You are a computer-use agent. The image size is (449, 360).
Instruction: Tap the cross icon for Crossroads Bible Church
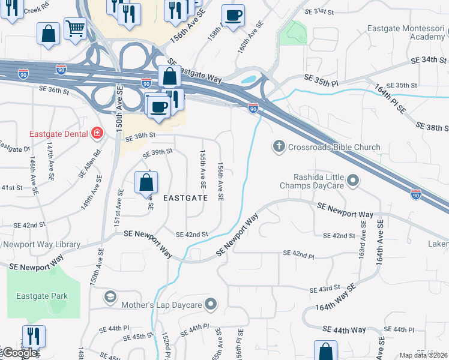tap(278, 146)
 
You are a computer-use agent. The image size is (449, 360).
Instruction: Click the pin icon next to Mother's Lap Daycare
tap(210, 305)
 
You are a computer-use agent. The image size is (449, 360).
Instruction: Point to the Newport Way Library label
tap(41, 244)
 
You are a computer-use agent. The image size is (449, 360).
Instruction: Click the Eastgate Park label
tap(42, 296)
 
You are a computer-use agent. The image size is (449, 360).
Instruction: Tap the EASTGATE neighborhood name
tap(185, 197)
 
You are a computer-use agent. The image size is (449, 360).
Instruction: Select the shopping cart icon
tap(75, 28)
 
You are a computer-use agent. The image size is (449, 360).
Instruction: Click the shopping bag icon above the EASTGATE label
tap(146, 182)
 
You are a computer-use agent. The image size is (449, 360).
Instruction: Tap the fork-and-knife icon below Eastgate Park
tap(34, 336)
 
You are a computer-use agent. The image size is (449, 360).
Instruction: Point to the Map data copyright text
tap(424, 355)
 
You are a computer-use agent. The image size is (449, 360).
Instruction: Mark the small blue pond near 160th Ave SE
tap(248, 79)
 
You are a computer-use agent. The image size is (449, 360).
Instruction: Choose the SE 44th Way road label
tap(344, 330)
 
